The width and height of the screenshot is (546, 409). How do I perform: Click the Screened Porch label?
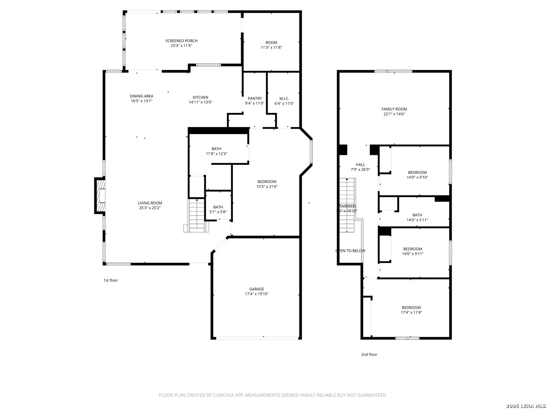pos(181,41)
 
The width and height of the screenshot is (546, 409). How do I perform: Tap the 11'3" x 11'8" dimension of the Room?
pos(271,48)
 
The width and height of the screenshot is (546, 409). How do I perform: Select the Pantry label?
pos(254,98)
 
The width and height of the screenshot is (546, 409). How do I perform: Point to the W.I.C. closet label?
pos(284,98)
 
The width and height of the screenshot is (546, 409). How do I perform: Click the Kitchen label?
pos(200,97)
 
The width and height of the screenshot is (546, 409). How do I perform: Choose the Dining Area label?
pos(141,96)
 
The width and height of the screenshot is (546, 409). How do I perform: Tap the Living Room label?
pos(150,203)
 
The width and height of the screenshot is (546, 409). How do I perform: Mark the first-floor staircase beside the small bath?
pos(197,215)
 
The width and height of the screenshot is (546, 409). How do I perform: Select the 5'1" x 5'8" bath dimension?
pos(218,212)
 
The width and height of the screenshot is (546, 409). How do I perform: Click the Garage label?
pos(257,289)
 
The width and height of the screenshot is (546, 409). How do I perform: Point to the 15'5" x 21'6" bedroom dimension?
pos(267,186)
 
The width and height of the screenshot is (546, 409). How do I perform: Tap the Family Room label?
pos(394,109)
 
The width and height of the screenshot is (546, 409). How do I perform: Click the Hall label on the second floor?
pos(360,164)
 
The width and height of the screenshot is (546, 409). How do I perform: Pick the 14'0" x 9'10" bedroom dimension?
pos(417,177)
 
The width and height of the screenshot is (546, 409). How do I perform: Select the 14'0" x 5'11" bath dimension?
pos(417,220)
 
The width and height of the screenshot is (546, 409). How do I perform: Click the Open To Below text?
pos(350,251)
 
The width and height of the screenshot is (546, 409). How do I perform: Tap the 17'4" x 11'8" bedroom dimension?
pos(411,312)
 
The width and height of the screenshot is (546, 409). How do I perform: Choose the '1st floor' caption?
pos(111,280)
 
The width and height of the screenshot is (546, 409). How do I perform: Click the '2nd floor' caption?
pos(369,354)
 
